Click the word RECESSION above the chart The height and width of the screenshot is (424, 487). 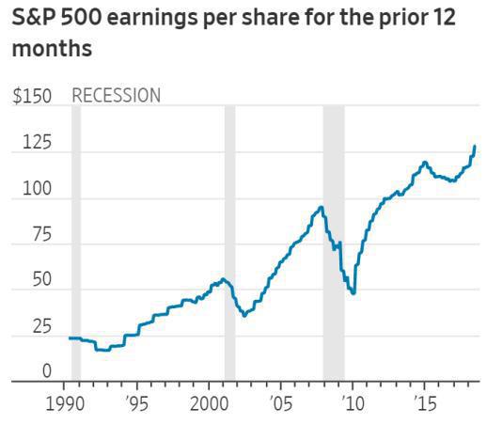pyautogui.click(x=117, y=96)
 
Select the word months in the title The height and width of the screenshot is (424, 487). pyautogui.click(x=53, y=49)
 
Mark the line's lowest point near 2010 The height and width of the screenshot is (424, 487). pyautogui.click(x=353, y=293)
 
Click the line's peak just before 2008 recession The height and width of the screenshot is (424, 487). pyautogui.click(x=322, y=207)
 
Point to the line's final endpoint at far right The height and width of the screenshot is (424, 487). pyautogui.click(x=475, y=147)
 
